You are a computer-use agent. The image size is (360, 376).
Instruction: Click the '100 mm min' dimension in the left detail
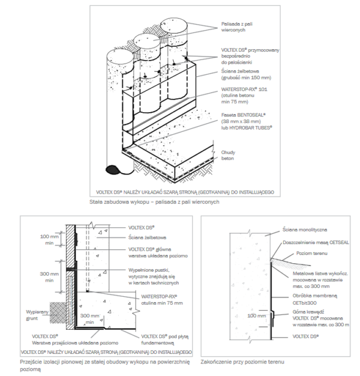click(47, 239)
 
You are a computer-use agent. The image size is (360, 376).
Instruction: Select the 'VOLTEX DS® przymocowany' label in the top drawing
click(247, 50)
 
